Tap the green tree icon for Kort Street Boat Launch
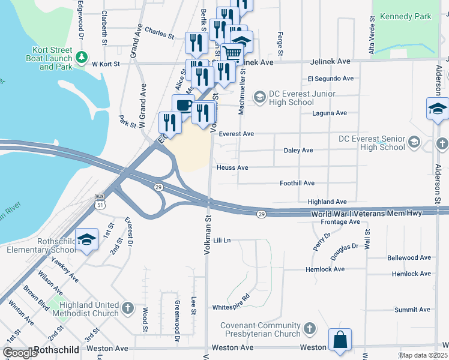click(81, 57)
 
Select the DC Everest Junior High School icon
click(259, 97)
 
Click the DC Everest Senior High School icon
click(413, 142)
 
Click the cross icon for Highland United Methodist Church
click(127, 308)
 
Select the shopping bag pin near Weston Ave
click(340, 339)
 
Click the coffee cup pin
click(183, 106)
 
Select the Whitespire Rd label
click(231, 305)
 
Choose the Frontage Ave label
click(340, 222)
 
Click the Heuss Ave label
click(233, 168)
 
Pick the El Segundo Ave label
click(330, 79)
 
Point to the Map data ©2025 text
click(423, 355)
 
